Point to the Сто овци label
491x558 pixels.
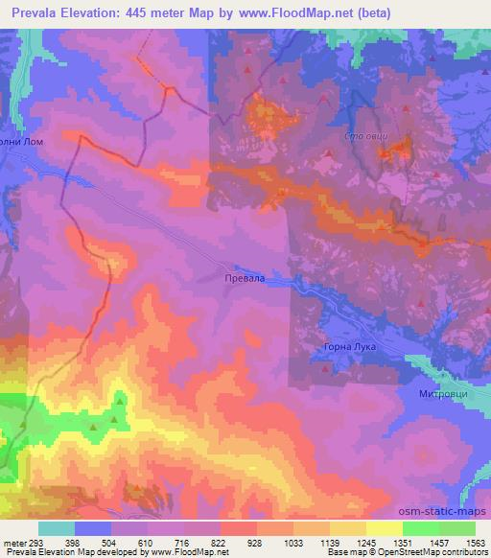[366, 137]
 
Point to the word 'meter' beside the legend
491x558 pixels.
[14, 542]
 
